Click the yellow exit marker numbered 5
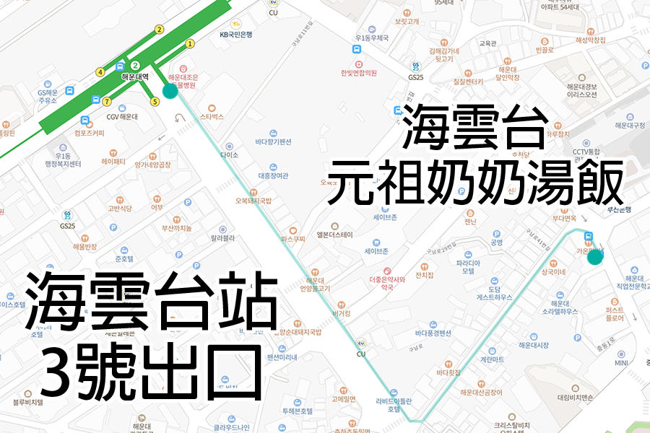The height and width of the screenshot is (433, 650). pyautogui.click(x=155, y=102)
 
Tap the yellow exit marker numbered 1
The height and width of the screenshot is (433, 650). pyautogui.click(x=190, y=43)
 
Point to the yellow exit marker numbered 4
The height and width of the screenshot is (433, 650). pyautogui.click(x=100, y=72)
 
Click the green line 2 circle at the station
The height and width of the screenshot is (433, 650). pyautogui.click(x=134, y=66)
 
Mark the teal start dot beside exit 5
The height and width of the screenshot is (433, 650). pyautogui.click(x=170, y=90)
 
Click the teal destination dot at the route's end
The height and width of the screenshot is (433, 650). pyautogui.click(x=595, y=257)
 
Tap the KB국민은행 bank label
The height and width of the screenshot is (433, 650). pyautogui.click(x=236, y=35)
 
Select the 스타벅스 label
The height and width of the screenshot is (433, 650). pyautogui.click(x=212, y=116)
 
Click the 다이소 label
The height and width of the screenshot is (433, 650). pyautogui.click(x=230, y=155)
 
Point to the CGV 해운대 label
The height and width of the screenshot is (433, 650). pyautogui.click(x=121, y=116)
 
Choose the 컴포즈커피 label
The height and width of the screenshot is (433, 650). pyautogui.click(x=89, y=133)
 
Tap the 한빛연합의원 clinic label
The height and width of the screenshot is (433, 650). pyautogui.click(x=359, y=72)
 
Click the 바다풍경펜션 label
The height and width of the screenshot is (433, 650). pyautogui.click(x=433, y=333)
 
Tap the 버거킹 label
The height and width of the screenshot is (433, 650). pyautogui.click(x=340, y=313)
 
